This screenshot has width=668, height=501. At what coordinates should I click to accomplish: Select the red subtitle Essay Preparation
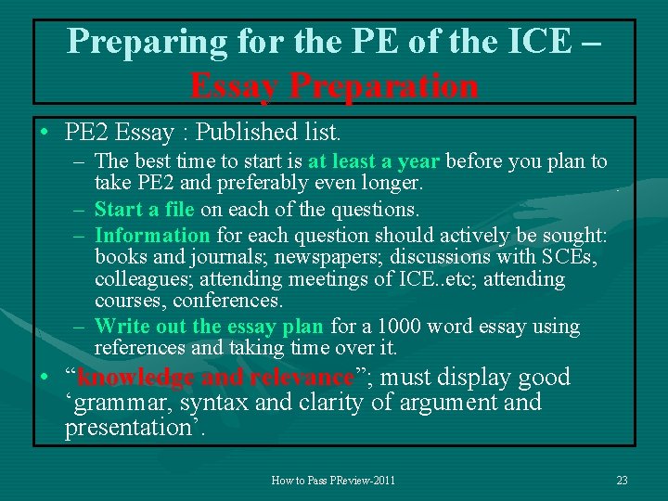(334, 85)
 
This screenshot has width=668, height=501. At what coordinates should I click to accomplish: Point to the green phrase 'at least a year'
(375, 161)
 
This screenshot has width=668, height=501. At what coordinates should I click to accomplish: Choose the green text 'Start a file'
(144, 210)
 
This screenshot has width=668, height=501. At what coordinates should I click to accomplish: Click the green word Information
(152, 235)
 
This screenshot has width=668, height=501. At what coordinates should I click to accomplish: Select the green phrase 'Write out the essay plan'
(209, 327)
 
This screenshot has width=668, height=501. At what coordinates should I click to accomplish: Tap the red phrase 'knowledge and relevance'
(215, 378)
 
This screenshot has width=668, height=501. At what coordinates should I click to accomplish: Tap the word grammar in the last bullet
(120, 404)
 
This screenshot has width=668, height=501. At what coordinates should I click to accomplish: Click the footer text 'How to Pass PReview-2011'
(333, 481)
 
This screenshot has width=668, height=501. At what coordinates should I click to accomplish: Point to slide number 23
(622, 481)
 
